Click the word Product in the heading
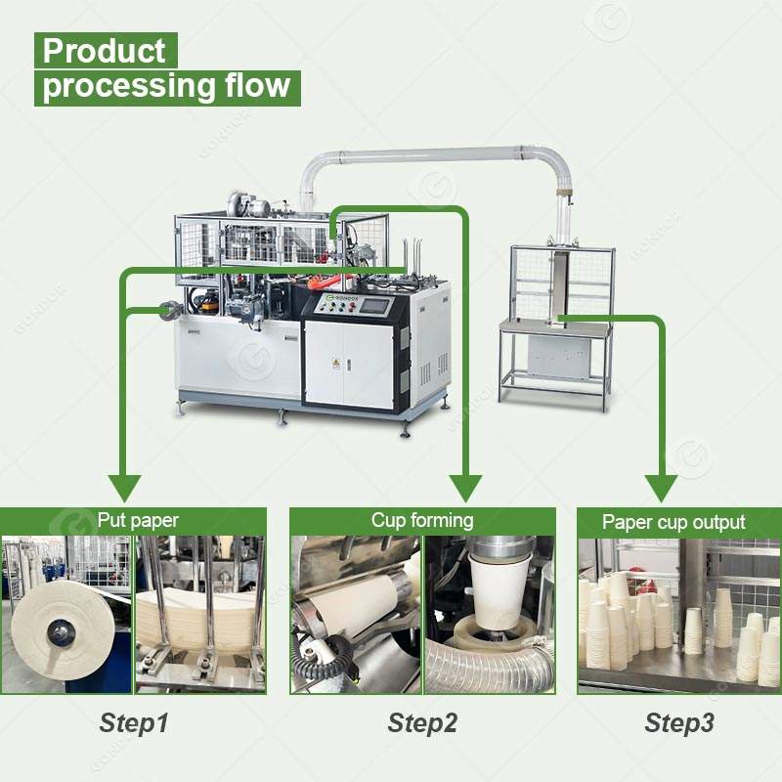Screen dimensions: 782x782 (x=105, y=50)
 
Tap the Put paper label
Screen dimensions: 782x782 (x=138, y=520)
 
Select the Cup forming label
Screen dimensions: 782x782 (x=421, y=520)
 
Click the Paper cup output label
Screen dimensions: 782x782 (x=673, y=522)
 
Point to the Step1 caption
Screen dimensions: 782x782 (x=134, y=723)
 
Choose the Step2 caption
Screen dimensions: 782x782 (x=422, y=723)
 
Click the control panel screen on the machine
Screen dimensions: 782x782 (x=374, y=304)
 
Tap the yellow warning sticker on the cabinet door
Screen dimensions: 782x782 (x=336, y=364)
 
